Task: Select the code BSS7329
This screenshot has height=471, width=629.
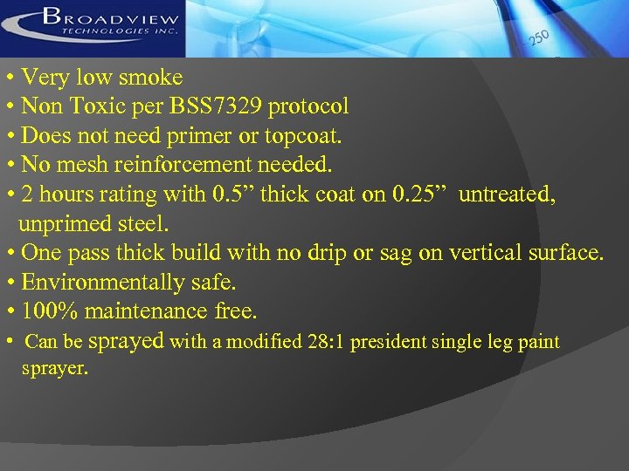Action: coord(220,107)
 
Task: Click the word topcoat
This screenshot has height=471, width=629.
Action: coord(305,137)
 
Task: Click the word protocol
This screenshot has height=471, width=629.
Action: coord(310,107)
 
